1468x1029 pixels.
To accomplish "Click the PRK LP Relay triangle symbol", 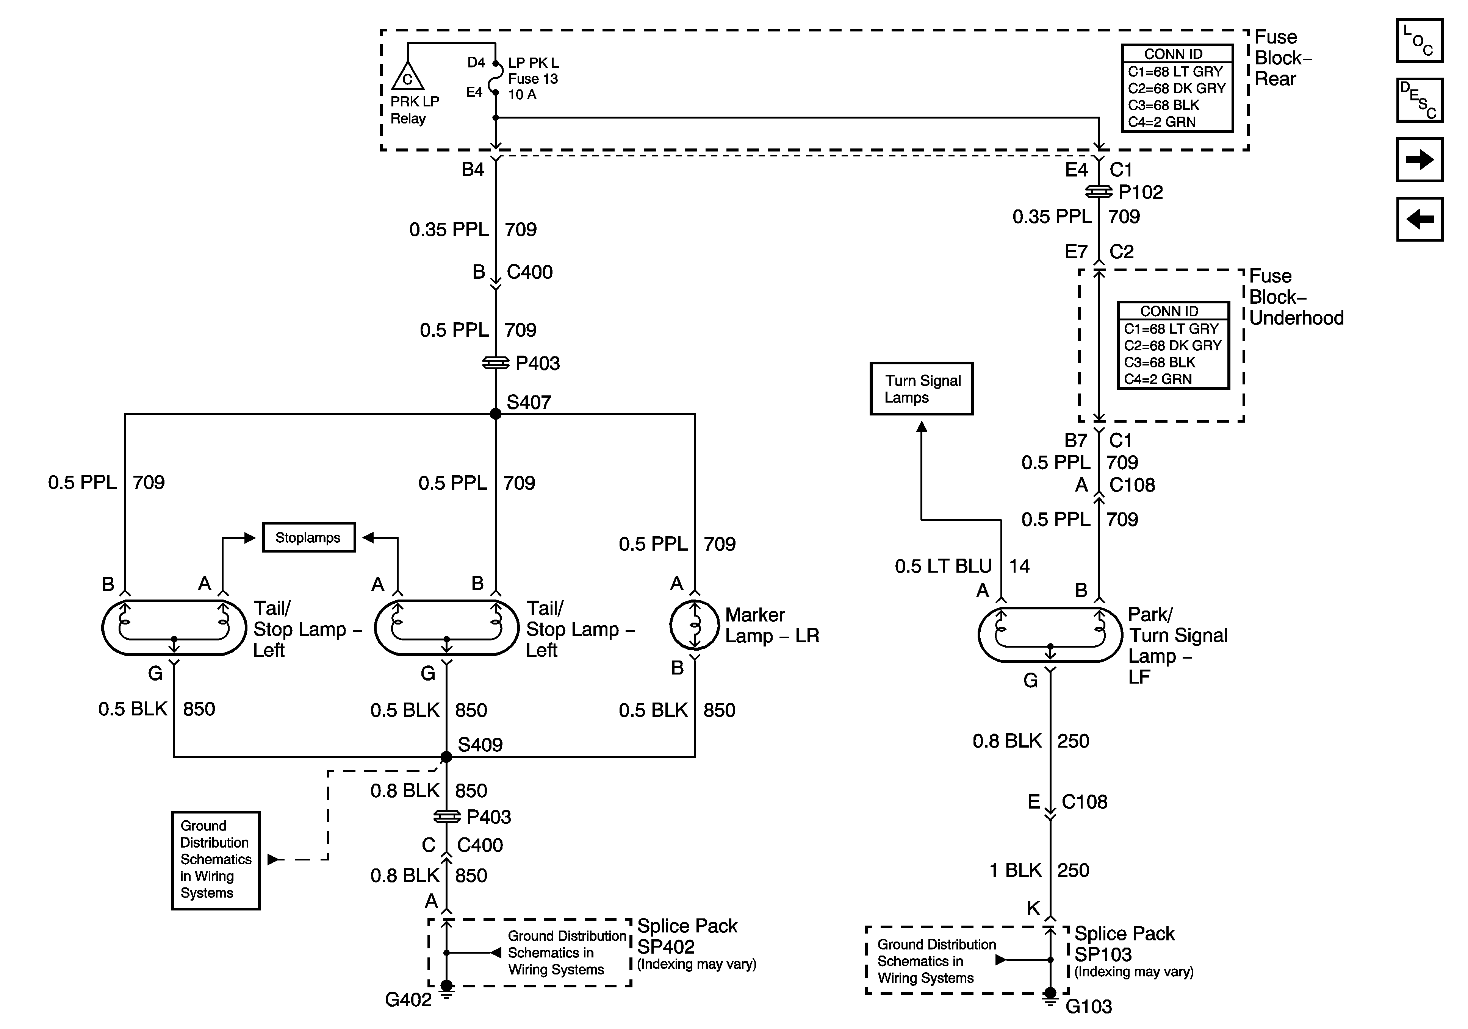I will tap(407, 77).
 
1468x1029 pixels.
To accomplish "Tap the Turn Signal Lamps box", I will tap(921, 389).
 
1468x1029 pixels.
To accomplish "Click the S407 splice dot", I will tap(496, 414).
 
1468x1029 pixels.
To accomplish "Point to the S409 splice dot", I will tap(446, 757).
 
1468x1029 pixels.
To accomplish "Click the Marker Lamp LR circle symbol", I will tap(694, 625).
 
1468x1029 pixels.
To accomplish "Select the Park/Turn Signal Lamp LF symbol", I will tap(1050, 635).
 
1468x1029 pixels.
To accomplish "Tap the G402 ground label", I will tap(408, 999).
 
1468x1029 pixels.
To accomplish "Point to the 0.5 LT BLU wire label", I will tap(943, 566).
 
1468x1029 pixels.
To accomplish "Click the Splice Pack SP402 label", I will tap(687, 936).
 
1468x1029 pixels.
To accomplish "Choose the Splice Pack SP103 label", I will tap(1124, 944).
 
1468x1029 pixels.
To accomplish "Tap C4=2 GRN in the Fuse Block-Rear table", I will tap(1162, 122).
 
